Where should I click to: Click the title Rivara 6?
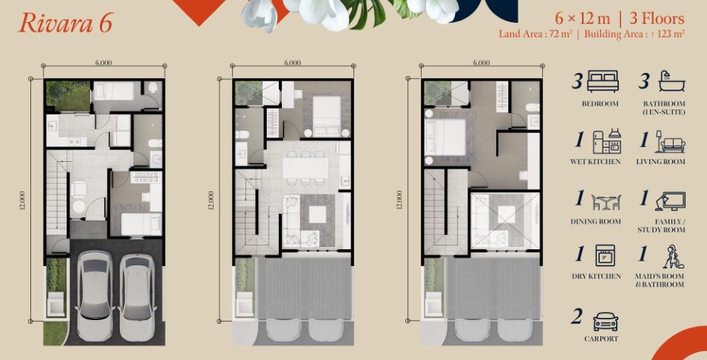65,24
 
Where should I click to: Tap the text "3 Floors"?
657,19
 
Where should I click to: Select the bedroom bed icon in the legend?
603,81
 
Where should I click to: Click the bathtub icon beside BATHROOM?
672,81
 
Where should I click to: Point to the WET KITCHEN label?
595,161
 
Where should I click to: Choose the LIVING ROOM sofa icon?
670,142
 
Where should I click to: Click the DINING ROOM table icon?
606,202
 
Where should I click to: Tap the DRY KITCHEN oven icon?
605,256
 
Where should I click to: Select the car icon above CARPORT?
605,322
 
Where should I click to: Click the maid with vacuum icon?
673,256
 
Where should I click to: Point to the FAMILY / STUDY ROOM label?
661,225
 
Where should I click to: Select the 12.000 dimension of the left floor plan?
22,200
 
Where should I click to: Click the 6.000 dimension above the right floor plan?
481,63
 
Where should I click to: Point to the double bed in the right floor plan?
444,138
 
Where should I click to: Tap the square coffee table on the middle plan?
317,214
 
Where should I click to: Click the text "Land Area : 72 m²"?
535,34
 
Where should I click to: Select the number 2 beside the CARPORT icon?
576,317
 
